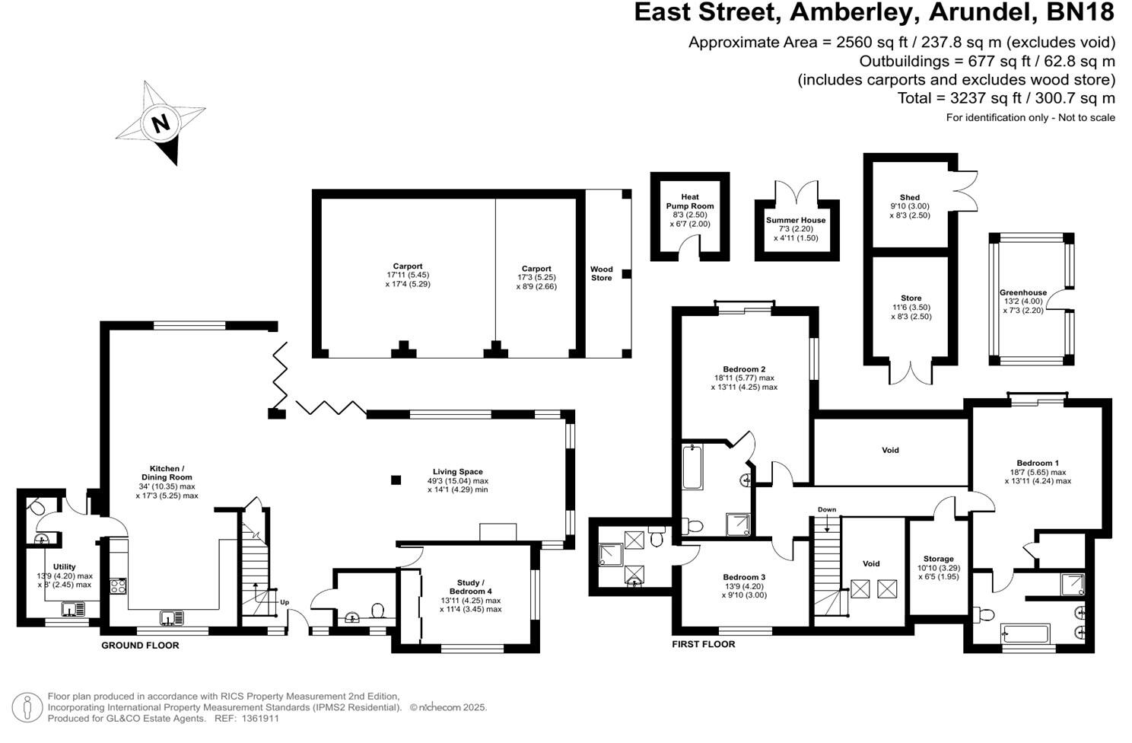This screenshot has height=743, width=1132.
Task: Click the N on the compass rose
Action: (161, 123)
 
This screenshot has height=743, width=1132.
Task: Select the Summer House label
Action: (796, 220)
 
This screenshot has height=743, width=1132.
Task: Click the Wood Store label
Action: (601, 273)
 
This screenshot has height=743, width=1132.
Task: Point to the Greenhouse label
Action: (1022, 292)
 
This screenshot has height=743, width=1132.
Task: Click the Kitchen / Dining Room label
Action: (166, 473)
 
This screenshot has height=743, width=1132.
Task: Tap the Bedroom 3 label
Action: (744, 577)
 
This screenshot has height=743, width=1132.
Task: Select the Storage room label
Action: (938, 559)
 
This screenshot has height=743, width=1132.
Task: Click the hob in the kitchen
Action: (119, 585)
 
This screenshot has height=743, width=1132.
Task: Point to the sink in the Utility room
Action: (73, 609)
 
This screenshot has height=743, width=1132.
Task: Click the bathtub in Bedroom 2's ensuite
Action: (693, 467)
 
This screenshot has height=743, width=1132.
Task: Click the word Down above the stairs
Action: (827, 509)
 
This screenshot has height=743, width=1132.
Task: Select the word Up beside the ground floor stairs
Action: (285, 601)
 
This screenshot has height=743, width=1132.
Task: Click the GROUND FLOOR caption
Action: (140, 646)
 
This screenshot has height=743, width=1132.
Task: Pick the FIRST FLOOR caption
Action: (703, 644)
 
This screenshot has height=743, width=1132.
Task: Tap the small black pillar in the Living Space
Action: (396, 480)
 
